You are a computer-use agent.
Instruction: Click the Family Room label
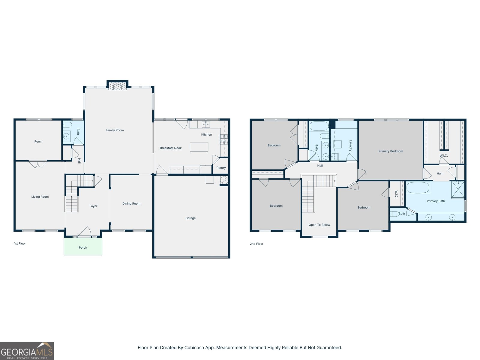point(115,130)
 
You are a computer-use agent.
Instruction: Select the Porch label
point(83,247)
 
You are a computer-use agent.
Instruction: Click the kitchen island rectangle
point(199,147)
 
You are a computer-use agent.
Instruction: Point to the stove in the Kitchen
point(224,139)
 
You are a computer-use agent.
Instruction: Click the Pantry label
point(221,168)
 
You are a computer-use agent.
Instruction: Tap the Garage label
point(190,218)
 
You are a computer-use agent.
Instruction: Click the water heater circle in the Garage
point(224,180)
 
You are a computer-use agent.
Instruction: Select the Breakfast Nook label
point(171,148)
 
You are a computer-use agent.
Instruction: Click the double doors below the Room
point(38,164)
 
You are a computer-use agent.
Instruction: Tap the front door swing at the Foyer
point(85,232)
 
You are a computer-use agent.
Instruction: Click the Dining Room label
point(131,203)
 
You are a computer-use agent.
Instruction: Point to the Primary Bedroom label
point(391,151)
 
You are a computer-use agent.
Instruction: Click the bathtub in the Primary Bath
point(418,188)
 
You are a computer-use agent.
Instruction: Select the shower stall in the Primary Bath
point(458,190)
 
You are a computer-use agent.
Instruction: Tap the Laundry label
point(350,145)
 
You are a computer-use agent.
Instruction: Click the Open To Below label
point(319,225)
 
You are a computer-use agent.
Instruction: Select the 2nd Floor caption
point(256,244)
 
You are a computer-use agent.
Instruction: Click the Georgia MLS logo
point(27,351)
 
